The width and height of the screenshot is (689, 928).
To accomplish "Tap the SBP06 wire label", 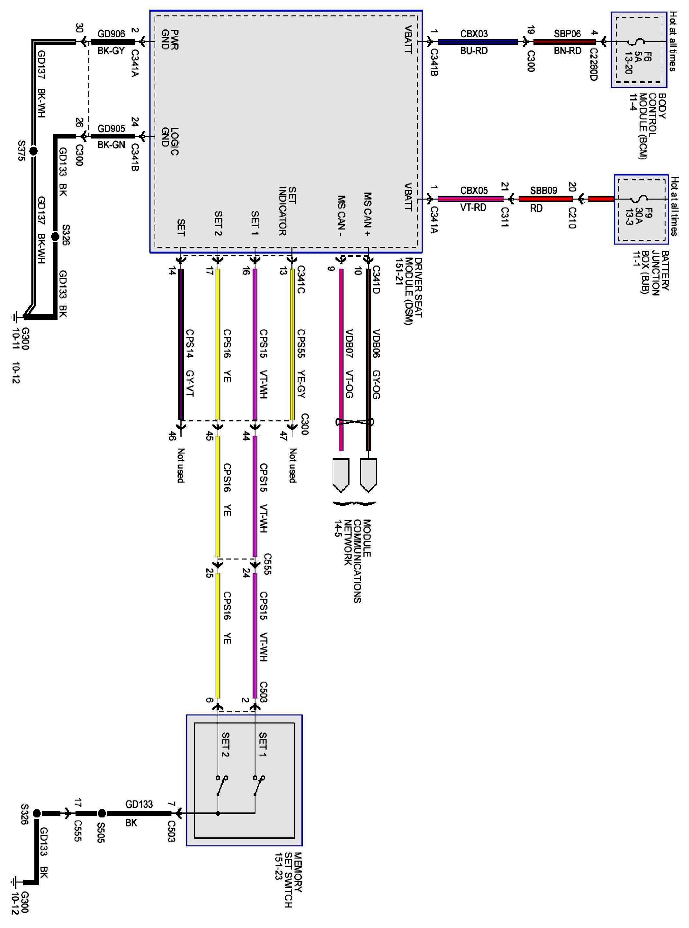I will (x=567, y=34).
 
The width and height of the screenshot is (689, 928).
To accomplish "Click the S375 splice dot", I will (x=33, y=151).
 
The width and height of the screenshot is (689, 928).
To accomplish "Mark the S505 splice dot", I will (x=101, y=813).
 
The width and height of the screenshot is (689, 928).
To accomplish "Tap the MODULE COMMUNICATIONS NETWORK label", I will (x=353, y=559).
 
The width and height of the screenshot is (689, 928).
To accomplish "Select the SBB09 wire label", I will (x=543, y=191).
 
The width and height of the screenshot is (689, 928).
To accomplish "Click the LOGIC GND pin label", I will (x=170, y=142).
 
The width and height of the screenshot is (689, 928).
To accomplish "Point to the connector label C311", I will (x=504, y=217).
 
